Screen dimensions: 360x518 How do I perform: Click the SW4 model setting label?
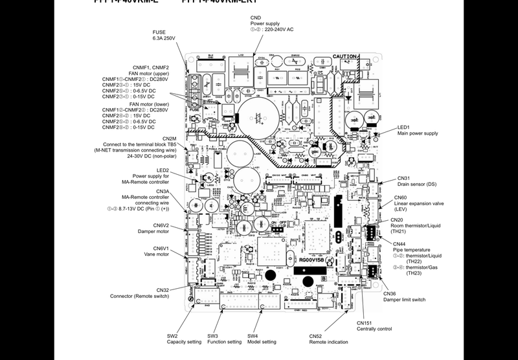click(262, 339)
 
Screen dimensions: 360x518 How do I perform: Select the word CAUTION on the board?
click(344, 57)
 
